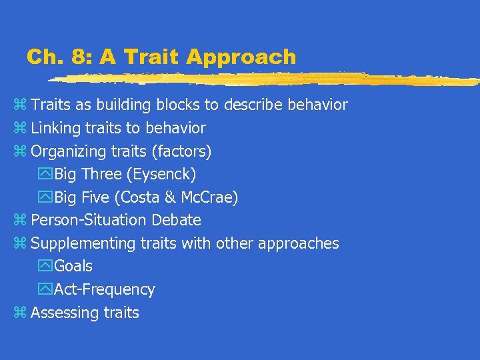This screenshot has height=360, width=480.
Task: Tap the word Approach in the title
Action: [241, 57]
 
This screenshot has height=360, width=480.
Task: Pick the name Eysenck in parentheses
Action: [169, 175]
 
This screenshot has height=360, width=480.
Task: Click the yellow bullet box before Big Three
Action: [46, 175]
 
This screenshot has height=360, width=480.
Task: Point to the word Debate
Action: [178, 220]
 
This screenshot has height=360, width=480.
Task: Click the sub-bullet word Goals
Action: [73, 266]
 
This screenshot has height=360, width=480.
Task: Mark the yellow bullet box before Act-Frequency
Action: [46, 289]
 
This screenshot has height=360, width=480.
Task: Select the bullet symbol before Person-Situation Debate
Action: [19, 220]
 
